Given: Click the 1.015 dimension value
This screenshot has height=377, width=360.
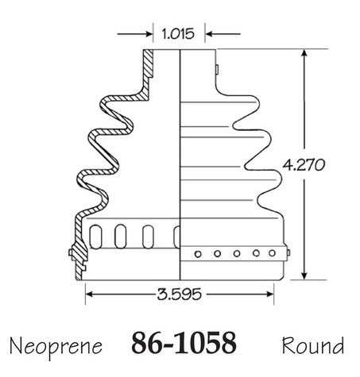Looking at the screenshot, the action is [x=178, y=34].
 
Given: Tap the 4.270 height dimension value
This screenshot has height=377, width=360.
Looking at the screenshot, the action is [x=304, y=165].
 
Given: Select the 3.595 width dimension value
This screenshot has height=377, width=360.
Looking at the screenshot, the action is [x=179, y=294].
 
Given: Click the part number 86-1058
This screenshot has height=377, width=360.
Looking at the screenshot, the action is [x=184, y=343].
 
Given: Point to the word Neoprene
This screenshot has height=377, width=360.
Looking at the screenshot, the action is [x=56, y=347].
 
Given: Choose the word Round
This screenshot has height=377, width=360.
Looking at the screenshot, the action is [x=313, y=345].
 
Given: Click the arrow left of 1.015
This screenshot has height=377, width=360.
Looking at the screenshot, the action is [x=135, y=34].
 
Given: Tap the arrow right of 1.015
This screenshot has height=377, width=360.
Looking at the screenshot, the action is [x=223, y=34].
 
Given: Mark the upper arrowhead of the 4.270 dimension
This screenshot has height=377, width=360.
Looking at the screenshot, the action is [x=304, y=53].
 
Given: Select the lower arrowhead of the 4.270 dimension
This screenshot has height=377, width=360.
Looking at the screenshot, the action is [x=304, y=275].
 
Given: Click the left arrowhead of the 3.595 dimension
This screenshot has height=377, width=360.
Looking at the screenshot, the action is [x=90, y=294].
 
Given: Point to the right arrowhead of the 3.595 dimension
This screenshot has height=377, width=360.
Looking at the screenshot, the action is [x=269, y=294].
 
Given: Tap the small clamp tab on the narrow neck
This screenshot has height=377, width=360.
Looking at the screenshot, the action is [x=217, y=70].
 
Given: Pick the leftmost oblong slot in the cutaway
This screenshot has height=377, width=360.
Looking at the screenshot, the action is [x=95, y=237].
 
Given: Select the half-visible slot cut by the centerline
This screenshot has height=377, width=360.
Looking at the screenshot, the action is [x=176, y=237].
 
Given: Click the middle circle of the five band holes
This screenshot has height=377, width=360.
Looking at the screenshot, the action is [x=237, y=254].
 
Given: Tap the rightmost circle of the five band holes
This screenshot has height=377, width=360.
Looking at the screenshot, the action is [x=272, y=253].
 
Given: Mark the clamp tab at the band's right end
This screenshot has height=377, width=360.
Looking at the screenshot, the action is [x=288, y=252].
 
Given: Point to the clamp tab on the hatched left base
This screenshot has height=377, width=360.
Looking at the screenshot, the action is [x=71, y=252].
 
